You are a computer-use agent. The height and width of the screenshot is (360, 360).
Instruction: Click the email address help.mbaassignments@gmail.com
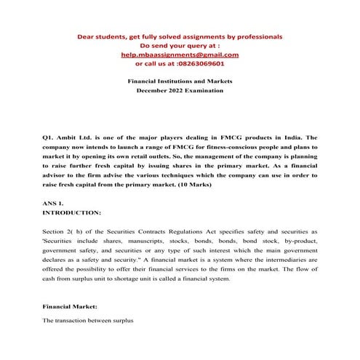pos(180,54)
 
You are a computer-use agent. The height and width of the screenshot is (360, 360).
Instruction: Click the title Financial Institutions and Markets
pos(180,83)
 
